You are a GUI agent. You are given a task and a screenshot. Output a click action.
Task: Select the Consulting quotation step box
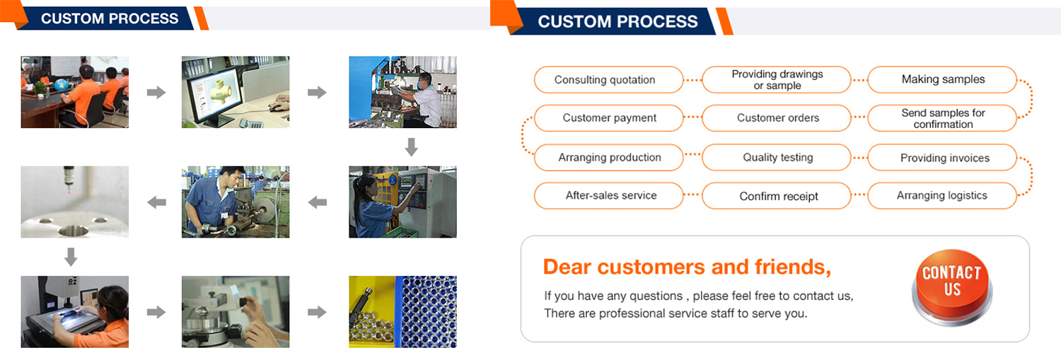(x=608, y=80)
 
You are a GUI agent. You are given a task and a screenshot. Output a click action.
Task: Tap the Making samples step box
(x=943, y=80)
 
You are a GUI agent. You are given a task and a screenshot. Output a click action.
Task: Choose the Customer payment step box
(x=608, y=118)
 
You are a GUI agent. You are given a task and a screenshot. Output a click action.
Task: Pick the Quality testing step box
(x=777, y=157)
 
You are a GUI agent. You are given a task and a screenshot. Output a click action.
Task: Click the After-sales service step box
(x=608, y=196)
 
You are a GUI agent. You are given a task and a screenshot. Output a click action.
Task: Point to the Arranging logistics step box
(x=943, y=196)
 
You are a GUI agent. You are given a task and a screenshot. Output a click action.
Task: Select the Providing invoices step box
(x=943, y=157)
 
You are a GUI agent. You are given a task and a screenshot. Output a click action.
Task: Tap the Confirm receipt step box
(x=777, y=196)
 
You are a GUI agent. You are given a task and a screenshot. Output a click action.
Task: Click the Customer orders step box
(x=777, y=118)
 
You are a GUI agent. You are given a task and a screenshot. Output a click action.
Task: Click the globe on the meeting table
(x=61, y=86)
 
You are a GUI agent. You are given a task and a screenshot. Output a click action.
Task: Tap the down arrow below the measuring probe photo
(x=71, y=257)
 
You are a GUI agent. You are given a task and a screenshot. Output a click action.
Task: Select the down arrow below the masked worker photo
(x=412, y=147)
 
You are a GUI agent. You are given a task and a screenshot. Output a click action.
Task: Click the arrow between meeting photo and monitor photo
(x=156, y=92)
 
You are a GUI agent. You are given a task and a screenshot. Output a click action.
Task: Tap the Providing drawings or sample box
(x=777, y=80)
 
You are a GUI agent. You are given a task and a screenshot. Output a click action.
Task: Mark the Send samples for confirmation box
(x=943, y=118)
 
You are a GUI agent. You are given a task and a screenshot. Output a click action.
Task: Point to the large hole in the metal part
(x=74, y=231)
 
